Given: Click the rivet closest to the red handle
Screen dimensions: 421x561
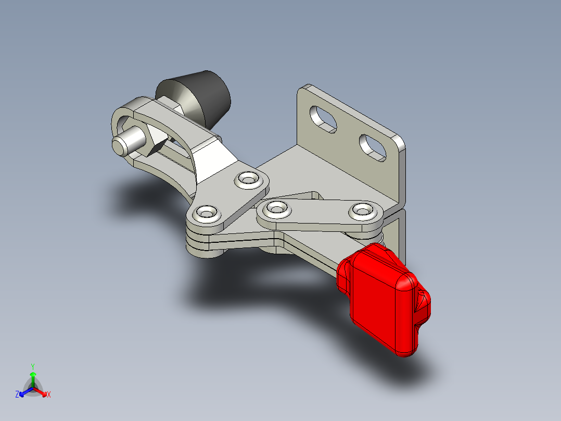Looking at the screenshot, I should (x=362, y=210).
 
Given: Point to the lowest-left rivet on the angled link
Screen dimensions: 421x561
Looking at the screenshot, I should (x=207, y=213).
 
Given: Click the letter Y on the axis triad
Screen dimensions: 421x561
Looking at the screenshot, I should (x=32, y=366).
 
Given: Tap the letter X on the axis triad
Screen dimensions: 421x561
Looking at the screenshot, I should (x=48, y=395).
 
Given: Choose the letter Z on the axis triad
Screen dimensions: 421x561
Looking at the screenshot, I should (x=17, y=395).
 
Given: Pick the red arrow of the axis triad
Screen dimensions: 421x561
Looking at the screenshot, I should (x=42, y=392).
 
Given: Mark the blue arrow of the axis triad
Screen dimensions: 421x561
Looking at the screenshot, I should (x=23, y=392).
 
